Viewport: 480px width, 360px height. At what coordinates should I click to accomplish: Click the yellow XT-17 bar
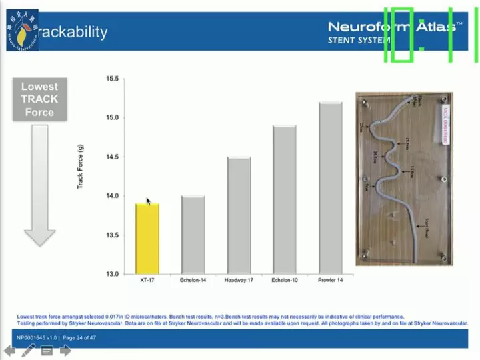pyautogui.click(x=147, y=239)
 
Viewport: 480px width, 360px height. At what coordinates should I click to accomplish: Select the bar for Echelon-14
pyautogui.click(x=193, y=235)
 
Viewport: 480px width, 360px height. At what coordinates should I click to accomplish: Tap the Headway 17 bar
pyautogui.click(x=239, y=215)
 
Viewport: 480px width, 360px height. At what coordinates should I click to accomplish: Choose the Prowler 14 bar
pyautogui.click(x=331, y=188)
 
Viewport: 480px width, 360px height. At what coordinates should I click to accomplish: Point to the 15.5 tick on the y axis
pyautogui.click(x=112, y=79)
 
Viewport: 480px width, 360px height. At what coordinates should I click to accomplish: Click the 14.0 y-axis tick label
pyautogui.click(x=112, y=196)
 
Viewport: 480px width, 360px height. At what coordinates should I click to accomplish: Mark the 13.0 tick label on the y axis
pyautogui.click(x=112, y=274)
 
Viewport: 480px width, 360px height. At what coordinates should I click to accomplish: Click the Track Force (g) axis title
pyautogui.click(x=81, y=167)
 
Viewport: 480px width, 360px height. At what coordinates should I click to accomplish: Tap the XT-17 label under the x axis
pyautogui.click(x=147, y=280)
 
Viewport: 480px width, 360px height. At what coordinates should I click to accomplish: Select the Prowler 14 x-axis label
pyautogui.click(x=331, y=280)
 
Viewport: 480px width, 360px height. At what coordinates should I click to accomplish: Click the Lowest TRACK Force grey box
pyautogui.click(x=39, y=99)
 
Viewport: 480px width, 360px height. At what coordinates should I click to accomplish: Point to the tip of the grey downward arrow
pyautogui.click(x=39, y=244)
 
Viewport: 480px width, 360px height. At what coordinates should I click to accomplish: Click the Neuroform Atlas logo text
pyautogui.click(x=393, y=27)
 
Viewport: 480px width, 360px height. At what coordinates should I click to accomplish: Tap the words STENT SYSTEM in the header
pyautogui.click(x=359, y=40)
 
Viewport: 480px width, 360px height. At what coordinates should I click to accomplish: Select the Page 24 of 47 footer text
pyautogui.click(x=79, y=338)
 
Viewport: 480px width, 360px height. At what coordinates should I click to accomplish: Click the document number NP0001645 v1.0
pyautogui.click(x=37, y=338)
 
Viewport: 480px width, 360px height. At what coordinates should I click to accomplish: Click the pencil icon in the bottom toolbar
pyautogui.click(x=29, y=351)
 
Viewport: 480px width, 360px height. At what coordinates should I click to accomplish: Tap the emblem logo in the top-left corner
pyautogui.click(x=22, y=31)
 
